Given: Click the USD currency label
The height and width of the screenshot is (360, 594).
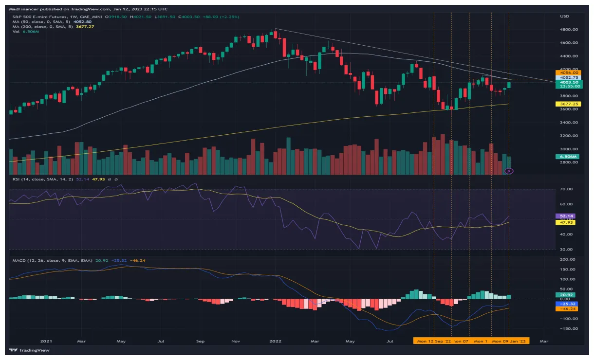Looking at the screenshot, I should (x=564, y=17).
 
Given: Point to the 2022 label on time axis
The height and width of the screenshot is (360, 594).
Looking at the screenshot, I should (x=276, y=342).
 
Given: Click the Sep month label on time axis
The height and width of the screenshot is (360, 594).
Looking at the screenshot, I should (x=200, y=342).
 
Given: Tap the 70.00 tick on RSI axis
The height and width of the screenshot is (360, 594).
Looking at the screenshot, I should (x=566, y=189).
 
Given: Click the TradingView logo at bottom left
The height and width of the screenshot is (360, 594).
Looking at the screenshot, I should (x=30, y=350).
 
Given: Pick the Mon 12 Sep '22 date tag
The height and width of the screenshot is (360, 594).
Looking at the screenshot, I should (x=433, y=342).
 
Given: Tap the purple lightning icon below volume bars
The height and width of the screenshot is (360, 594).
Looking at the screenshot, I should (x=509, y=171).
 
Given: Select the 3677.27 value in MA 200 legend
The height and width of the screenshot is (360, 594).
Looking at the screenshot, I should (x=85, y=26).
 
